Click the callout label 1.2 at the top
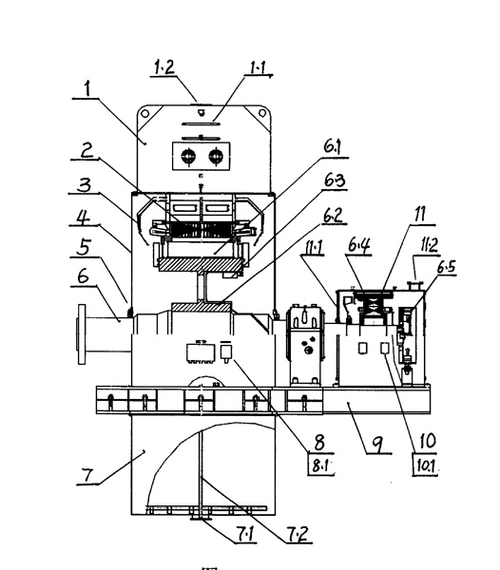point(164,67)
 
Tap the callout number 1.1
point(259,67)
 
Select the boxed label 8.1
point(320,465)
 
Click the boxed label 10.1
point(425,465)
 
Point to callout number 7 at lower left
point(87,475)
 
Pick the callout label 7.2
point(298,534)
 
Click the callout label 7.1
point(246,534)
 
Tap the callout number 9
point(378,444)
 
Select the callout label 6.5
point(446,267)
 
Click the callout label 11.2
point(429,245)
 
